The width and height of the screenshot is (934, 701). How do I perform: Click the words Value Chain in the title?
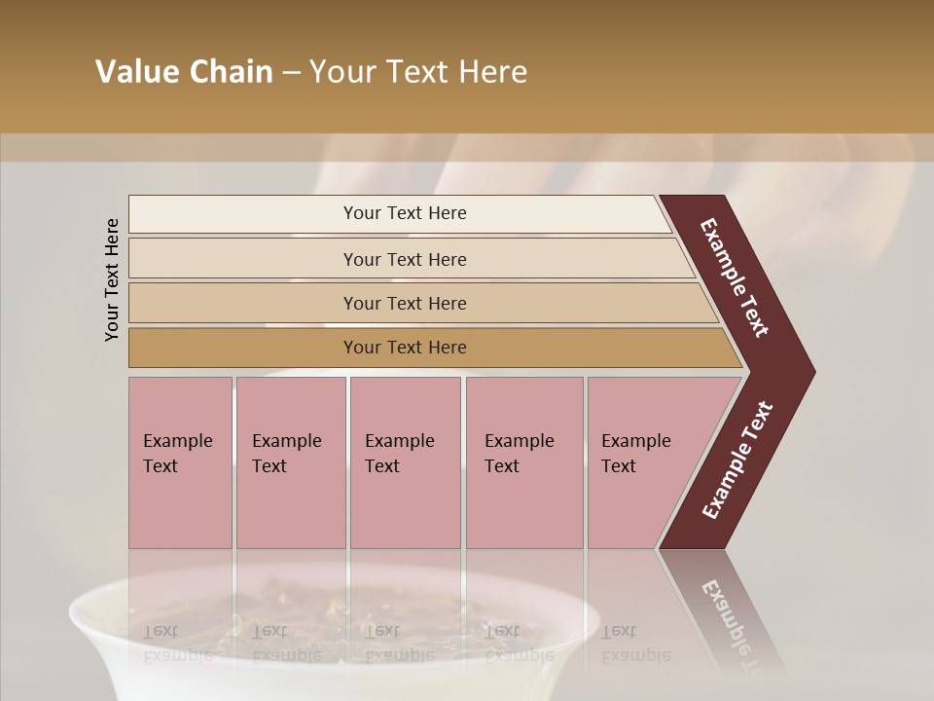click(x=184, y=72)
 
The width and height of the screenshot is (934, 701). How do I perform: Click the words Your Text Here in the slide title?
click(x=418, y=72)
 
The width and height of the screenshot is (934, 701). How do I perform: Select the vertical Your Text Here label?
click(x=112, y=279)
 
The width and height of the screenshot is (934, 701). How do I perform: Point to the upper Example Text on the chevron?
click(x=736, y=277)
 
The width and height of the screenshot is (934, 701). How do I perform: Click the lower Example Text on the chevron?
click(x=737, y=461)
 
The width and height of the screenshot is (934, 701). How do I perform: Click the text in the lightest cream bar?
click(x=405, y=213)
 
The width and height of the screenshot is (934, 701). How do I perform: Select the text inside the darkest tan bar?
click(x=405, y=348)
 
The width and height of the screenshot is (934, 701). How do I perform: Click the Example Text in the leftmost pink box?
click(x=177, y=454)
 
